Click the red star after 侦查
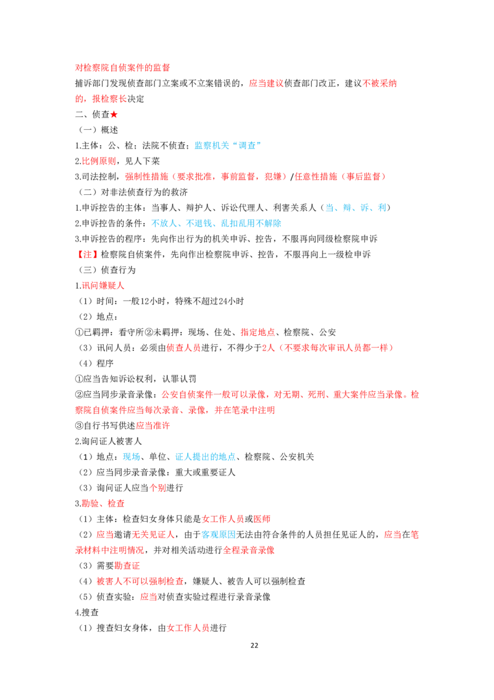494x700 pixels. coord(114,114)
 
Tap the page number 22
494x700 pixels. coord(254,645)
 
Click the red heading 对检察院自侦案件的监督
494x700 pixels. coord(122,67)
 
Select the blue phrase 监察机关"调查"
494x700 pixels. coord(227,145)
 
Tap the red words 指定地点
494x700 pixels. coord(257,332)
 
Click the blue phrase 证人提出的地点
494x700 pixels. coord(206,457)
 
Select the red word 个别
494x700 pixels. coord(157,488)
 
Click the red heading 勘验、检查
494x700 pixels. coord(103,503)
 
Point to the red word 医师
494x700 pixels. coord(262,519)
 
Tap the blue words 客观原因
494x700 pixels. coord(219,534)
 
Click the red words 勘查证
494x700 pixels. coord(127,566)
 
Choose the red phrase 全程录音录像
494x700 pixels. coord(249,550)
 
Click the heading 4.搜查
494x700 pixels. coord(87,612)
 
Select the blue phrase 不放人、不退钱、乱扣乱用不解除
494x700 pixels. coord(216,223)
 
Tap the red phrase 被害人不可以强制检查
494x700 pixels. coord(140,581)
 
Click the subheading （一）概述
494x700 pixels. coord(99,130)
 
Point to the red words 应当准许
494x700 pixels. coord(153,425)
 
